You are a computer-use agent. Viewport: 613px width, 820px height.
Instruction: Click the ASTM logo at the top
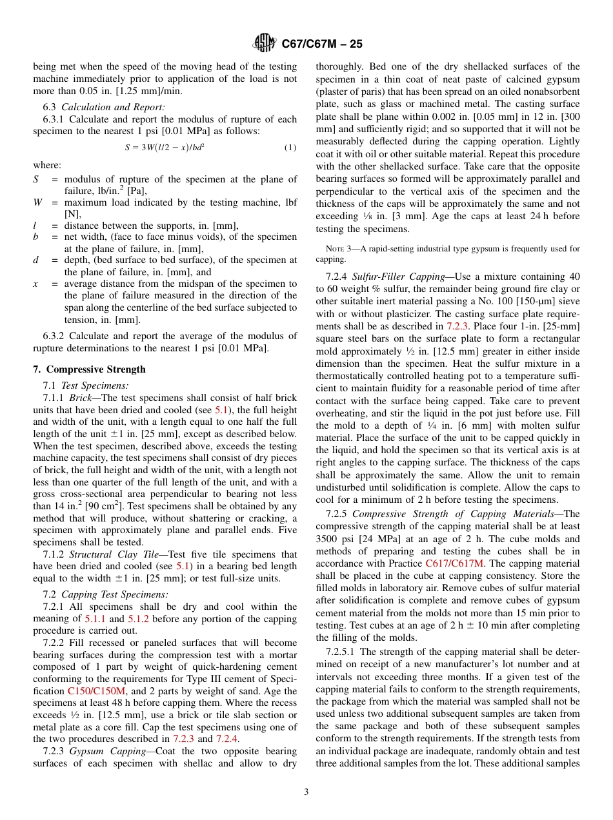pyautogui.click(x=264, y=44)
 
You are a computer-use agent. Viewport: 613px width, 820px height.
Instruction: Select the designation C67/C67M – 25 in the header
pyautogui.click(x=322, y=44)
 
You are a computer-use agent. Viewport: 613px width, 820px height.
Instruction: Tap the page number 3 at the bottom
pyautogui.click(x=306, y=792)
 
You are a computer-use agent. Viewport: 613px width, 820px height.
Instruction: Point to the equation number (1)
pyautogui.click(x=290, y=148)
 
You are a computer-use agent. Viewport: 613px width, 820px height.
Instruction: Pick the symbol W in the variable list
pyautogui.click(x=37, y=203)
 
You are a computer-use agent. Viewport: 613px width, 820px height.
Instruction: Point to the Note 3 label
pyautogui.click(x=335, y=248)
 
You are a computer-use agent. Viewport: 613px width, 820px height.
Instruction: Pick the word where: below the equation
pyautogui.click(x=47, y=165)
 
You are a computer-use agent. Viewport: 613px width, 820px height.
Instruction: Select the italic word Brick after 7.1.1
pyautogui.click(x=81, y=398)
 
